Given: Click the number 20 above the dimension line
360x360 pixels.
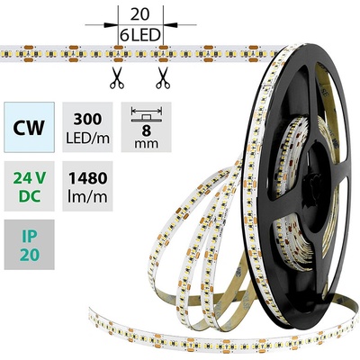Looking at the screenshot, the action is [x=140, y=14].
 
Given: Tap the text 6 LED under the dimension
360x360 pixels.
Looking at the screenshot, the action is [x=140, y=36].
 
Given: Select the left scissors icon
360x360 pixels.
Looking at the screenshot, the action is [x=117, y=78].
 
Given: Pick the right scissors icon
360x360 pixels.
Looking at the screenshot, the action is [x=163, y=78].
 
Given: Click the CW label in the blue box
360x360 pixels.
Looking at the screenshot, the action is [x=29, y=128].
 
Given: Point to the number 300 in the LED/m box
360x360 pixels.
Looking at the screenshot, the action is [x=87, y=120].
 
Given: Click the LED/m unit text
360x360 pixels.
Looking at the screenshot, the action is [x=87, y=139].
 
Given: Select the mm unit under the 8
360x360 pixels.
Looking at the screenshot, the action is [x=147, y=144].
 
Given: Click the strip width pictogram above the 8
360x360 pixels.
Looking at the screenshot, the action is [x=147, y=114].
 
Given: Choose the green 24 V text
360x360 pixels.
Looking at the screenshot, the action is [x=29, y=178].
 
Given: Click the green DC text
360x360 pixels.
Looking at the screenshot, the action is [x=30, y=196].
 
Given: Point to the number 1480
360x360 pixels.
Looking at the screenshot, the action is [x=87, y=178].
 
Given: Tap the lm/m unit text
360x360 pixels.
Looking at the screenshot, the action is [x=87, y=197].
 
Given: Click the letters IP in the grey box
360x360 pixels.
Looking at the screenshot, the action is [x=30, y=237].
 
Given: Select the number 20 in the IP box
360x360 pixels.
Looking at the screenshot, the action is [x=30, y=255].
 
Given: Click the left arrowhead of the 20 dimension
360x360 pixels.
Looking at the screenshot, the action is [x=111, y=25].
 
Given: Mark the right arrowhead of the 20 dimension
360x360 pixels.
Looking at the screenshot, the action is [x=170, y=25].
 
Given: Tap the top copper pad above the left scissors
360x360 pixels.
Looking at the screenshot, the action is [x=118, y=47].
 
